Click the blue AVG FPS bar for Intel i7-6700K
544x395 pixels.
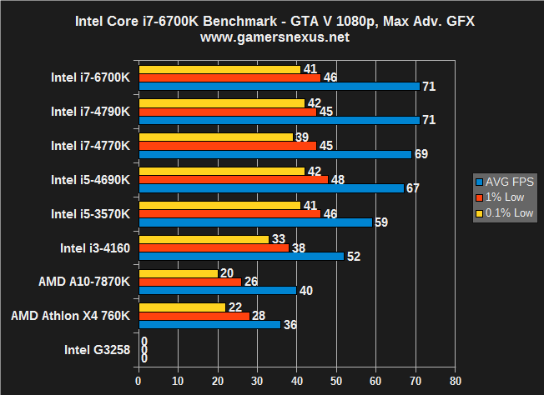pos(279,86)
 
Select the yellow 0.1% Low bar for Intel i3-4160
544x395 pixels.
pos(204,239)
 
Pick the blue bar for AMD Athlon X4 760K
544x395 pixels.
pos(209,325)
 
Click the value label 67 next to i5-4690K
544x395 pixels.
pos(412,188)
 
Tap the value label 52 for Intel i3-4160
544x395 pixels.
pos(353,257)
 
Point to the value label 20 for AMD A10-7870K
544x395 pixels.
pos(226,272)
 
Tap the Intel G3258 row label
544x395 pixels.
pos(96,350)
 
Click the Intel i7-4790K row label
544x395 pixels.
pos(90,111)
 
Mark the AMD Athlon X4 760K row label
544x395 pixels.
pos(71,316)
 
